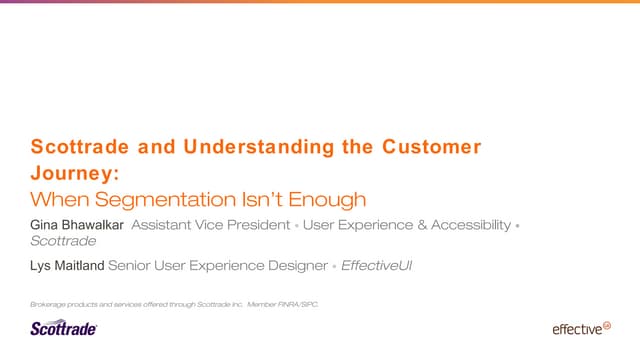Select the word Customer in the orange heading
pyautogui.click(x=431, y=148)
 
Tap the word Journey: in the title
pyautogui.click(x=65, y=173)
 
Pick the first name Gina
pyautogui.click(x=46, y=225)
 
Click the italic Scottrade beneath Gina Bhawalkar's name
pyautogui.click(x=63, y=241)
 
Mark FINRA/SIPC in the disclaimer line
pyautogui.click(x=299, y=303)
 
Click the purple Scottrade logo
pyautogui.click(x=63, y=327)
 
